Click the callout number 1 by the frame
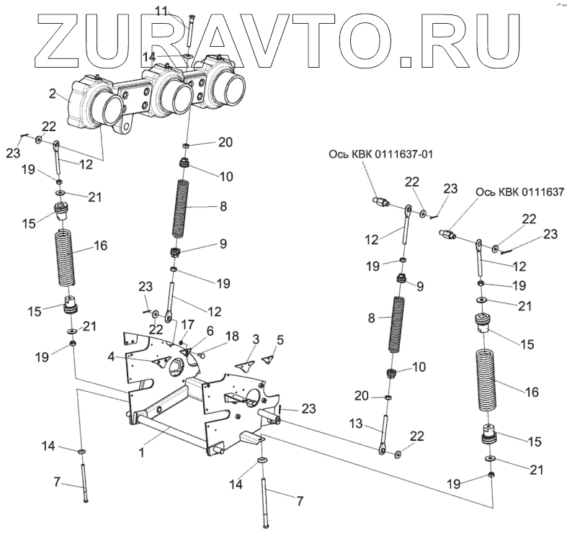142,454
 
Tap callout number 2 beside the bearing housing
53,93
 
